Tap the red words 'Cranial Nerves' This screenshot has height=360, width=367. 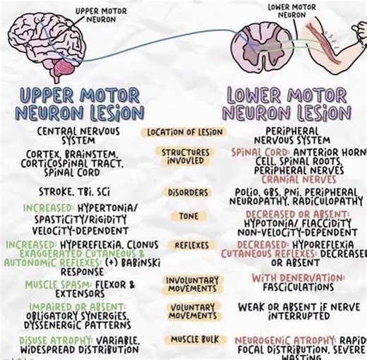(295, 179)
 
